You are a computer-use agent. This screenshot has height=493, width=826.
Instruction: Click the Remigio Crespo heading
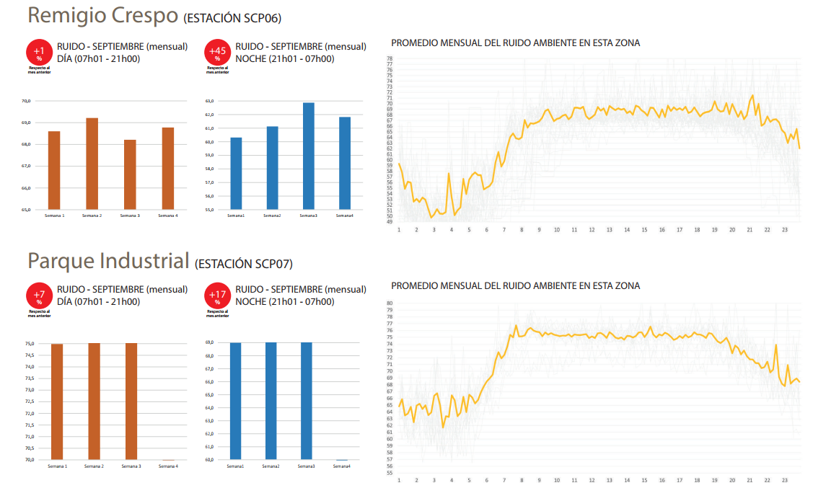103,15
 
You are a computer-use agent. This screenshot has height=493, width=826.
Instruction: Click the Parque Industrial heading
108,261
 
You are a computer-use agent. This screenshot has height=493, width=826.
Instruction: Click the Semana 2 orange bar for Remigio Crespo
92,164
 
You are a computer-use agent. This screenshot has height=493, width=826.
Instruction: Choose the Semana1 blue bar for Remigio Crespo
236,173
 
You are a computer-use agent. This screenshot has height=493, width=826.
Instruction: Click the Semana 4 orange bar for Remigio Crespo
167,169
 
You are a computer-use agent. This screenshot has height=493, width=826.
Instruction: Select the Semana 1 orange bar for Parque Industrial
57,401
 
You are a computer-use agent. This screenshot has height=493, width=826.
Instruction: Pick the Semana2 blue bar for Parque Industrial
271,401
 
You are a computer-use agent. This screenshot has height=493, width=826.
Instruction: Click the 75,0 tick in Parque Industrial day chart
30,344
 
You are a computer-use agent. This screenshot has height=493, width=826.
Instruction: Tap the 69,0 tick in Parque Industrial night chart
208,343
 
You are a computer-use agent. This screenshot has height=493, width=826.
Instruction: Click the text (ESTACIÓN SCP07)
243,265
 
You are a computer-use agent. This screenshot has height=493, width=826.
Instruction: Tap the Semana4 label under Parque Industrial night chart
342,466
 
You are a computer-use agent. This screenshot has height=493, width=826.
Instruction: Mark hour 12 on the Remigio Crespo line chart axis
592,230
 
